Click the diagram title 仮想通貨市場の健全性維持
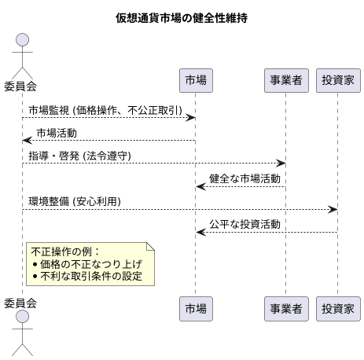pos(182,17)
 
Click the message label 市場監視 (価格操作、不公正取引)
pos(101,110)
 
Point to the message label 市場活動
pos(57,133)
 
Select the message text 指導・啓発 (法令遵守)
pos(79,156)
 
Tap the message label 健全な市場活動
pos(245,178)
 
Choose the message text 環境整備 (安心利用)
pos(75,201)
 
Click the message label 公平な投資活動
pos(245,224)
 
